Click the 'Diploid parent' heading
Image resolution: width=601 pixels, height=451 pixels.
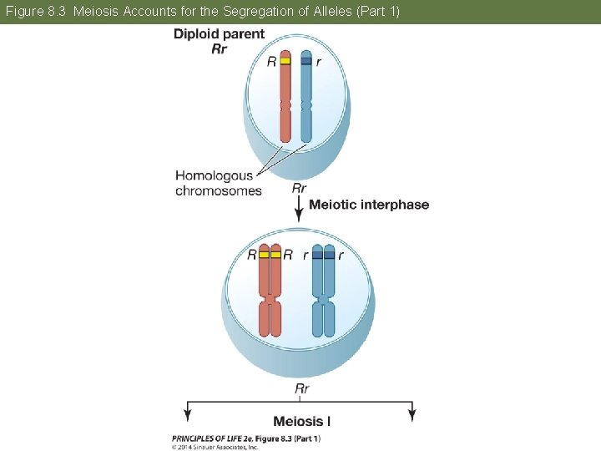[x=219, y=34]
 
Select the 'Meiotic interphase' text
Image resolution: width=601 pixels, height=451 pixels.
[x=369, y=205]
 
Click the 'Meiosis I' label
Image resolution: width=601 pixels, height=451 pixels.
[x=301, y=421]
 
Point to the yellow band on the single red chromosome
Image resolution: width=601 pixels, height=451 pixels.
[x=285, y=61]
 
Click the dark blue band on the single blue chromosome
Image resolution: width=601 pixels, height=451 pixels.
[x=306, y=61]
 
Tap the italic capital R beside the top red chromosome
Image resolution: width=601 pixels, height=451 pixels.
[x=271, y=62]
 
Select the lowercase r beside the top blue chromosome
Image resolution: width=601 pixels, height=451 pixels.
[x=319, y=62]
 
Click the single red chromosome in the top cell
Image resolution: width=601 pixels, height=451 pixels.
[x=285, y=100]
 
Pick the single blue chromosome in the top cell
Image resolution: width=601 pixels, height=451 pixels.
[x=306, y=100]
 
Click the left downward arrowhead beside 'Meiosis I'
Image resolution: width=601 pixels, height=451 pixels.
[x=187, y=414]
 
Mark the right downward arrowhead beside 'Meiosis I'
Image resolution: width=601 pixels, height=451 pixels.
[x=411, y=414]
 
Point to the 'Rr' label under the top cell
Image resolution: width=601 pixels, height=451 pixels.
[x=300, y=188]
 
